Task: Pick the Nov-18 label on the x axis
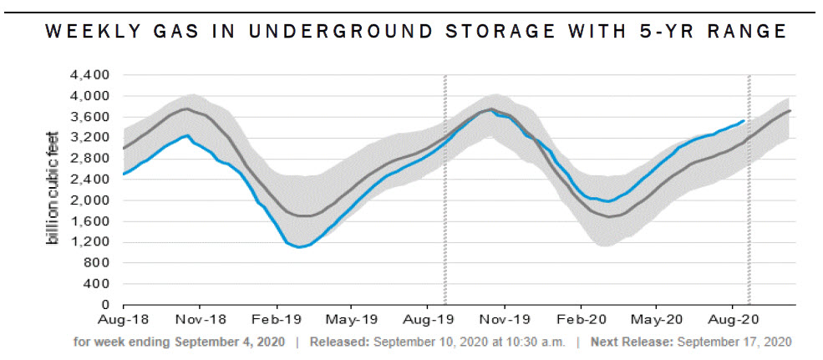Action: pos(200,319)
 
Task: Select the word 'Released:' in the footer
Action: pos(339,342)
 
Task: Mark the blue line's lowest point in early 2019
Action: pos(299,247)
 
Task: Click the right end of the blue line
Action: pos(744,120)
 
